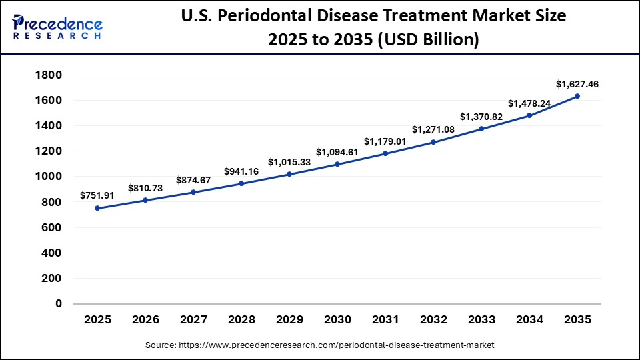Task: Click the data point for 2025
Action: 97,208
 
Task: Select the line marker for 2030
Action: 337,164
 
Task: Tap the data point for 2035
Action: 577,96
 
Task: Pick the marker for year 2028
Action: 241,183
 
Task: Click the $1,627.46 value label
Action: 577,85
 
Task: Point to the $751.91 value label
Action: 98,195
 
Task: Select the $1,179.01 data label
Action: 385,141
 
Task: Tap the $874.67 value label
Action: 193,180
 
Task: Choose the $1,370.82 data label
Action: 481,117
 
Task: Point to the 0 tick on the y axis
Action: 58,303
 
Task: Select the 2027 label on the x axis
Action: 193,320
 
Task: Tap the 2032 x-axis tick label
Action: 433,320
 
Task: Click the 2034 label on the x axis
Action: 529,320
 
